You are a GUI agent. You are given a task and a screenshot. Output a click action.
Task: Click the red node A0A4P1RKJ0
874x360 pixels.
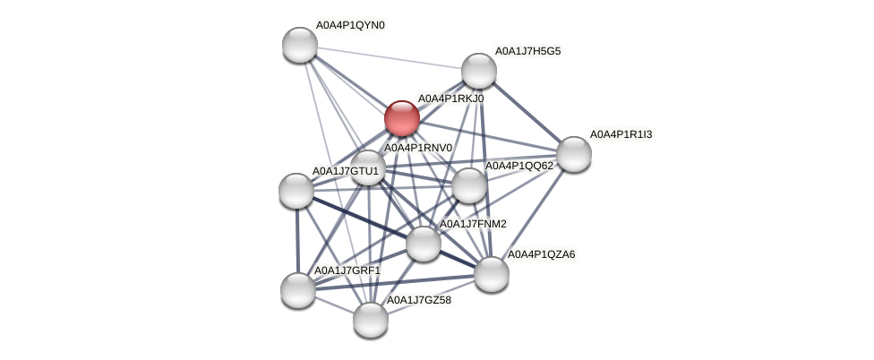point(401,118)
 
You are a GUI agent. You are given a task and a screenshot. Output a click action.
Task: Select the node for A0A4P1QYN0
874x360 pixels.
point(300,45)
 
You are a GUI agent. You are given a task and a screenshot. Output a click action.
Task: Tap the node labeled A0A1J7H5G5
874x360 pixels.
point(479,71)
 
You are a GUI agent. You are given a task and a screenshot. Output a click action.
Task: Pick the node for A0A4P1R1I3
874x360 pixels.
point(574,154)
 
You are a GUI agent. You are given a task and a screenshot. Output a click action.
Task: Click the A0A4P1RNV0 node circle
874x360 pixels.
point(368,167)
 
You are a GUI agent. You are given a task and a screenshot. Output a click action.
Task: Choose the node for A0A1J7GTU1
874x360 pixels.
point(296,191)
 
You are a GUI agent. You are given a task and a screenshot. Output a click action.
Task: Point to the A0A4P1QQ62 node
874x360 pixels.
point(468,185)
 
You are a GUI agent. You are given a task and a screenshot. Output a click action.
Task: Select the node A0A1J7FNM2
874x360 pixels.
point(424,244)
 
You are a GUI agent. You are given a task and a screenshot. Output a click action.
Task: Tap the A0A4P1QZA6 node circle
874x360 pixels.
point(492,274)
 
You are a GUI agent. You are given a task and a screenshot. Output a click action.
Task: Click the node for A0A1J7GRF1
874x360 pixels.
point(298,290)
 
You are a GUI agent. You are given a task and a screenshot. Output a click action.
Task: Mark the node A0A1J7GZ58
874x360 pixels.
point(371,320)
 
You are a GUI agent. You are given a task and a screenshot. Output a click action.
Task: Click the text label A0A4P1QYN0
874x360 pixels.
point(350,25)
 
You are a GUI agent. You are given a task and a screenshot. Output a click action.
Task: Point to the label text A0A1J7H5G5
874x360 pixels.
point(527,51)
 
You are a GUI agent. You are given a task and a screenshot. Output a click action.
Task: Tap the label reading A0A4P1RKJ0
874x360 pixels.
point(450,99)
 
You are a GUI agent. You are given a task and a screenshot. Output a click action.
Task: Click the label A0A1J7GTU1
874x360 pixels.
point(345,171)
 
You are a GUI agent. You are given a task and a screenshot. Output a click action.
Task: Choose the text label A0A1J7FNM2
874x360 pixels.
point(473,224)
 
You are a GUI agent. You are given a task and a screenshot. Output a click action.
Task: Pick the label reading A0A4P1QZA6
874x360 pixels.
point(541,254)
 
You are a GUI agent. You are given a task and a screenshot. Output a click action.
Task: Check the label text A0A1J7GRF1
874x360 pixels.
point(347,270)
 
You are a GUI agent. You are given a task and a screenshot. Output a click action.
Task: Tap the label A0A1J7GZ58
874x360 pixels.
point(418,300)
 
